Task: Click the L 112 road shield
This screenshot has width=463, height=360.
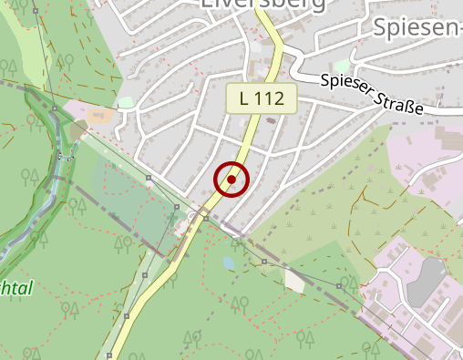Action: pos(262,99)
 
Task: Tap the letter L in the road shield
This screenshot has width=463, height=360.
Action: pos(245,99)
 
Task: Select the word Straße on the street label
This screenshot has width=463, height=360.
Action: pos(406,103)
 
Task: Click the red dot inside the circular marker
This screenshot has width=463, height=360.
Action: pos(231,180)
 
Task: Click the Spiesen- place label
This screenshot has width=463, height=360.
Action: pos(417,27)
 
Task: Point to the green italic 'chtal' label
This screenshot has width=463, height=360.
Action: pos(16,289)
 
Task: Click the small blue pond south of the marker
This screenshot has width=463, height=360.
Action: pos(228,262)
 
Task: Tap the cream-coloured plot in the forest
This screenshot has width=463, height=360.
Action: pos(294,280)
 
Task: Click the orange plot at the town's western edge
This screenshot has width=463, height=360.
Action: pos(103,116)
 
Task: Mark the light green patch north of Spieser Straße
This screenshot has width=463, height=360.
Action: pos(342,67)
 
